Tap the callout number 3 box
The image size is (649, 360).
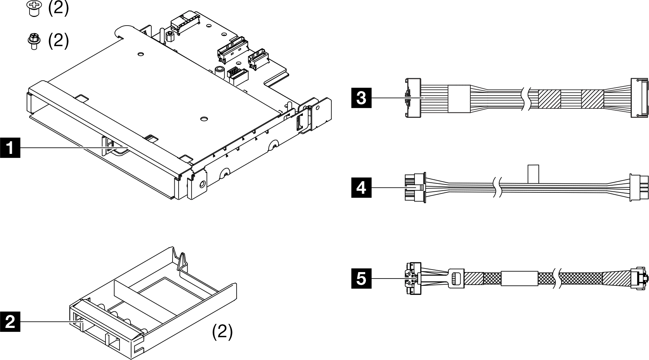click(x=361, y=98)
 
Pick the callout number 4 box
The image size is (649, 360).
click(x=361, y=188)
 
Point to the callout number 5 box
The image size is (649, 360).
click(x=361, y=279)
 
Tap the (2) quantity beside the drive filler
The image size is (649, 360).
click(x=222, y=331)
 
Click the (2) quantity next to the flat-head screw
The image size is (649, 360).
click(x=58, y=8)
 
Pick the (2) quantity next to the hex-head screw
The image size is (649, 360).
click(x=58, y=40)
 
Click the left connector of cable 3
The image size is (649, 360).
click(x=413, y=98)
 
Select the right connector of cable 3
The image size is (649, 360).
click(x=636, y=98)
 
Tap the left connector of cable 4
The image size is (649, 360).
click(x=415, y=188)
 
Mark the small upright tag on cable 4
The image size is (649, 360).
click(x=533, y=174)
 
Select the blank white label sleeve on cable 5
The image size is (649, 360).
click(x=519, y=279)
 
